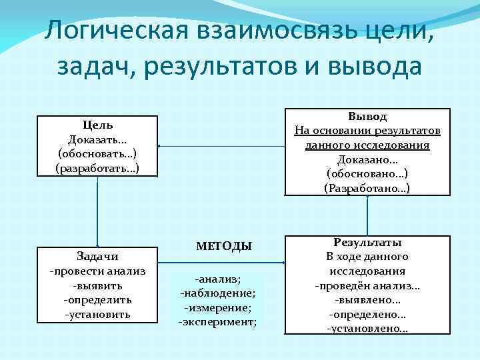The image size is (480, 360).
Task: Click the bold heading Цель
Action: pos(98,125)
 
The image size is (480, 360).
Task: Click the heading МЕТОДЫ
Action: pos(224,246)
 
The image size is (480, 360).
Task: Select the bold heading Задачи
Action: pos(98,257)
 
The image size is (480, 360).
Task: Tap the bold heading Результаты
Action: pos(367,243)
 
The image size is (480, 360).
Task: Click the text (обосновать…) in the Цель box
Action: pos(98,153)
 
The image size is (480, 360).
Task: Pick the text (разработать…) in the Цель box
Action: pos(98,167)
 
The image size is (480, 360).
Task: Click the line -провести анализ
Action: pos(98,271)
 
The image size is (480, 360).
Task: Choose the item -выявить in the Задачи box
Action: pos(98,285)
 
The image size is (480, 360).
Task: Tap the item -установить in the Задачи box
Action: pos(98,313)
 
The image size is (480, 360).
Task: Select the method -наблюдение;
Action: pos(219,293)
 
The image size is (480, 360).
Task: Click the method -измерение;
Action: pos(219,307)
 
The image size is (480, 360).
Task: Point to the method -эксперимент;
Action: pos(219,322)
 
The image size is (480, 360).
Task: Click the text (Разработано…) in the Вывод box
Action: pos(367,189)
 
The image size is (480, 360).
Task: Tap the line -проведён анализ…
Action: pos(367,286)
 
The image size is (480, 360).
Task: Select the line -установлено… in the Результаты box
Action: pos(367,329)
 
